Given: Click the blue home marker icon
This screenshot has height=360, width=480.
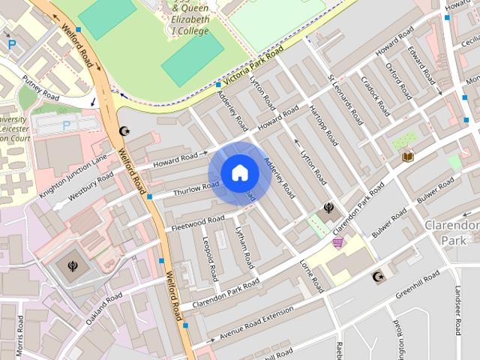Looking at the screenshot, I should point(239,173).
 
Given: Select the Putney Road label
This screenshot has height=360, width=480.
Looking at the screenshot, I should point(40,87).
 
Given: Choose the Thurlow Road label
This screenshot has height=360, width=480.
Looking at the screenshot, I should point(196,187).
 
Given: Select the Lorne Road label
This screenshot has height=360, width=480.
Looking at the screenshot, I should point(314,277).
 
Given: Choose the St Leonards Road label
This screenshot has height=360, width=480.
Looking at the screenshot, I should point(346,99).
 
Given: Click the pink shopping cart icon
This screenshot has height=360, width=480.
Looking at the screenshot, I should point(338,241).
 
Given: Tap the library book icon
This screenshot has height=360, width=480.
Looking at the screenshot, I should point(408,157).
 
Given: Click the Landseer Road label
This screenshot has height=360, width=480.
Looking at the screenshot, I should point(458,310).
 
